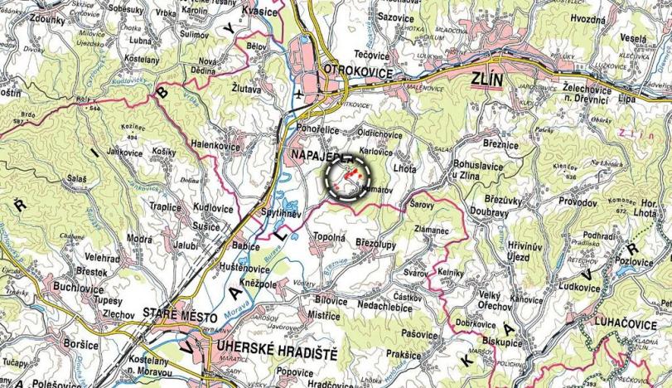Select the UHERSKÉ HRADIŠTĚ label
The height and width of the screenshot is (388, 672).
[276, 353]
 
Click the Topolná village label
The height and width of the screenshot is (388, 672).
[327, 237]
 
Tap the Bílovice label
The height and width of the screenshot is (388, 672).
[331, 300]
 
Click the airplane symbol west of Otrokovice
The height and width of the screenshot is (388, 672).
[297, 94]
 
